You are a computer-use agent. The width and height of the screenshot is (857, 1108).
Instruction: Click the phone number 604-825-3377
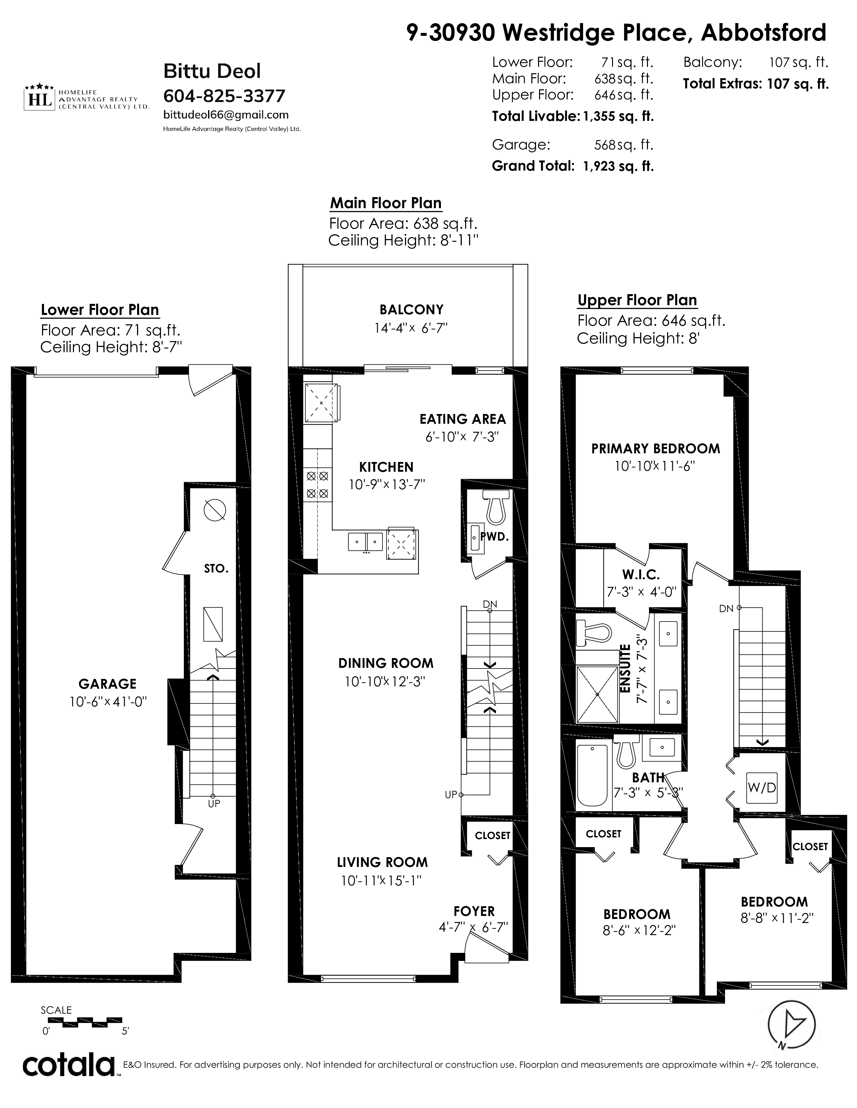(x=225, y=95)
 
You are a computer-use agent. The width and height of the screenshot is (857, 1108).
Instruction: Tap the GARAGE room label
(x=107, y=684)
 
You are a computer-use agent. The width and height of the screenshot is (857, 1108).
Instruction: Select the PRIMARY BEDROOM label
(x=655, y=449)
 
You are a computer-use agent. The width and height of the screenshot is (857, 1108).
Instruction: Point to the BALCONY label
(x=411, y=310)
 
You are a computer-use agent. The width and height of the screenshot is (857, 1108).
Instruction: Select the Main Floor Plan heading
(x=386, y=203)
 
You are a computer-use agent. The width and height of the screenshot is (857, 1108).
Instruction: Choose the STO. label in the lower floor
(x=216, y=569)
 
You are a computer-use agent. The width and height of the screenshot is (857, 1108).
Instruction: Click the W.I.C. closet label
(x=641, y=575)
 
